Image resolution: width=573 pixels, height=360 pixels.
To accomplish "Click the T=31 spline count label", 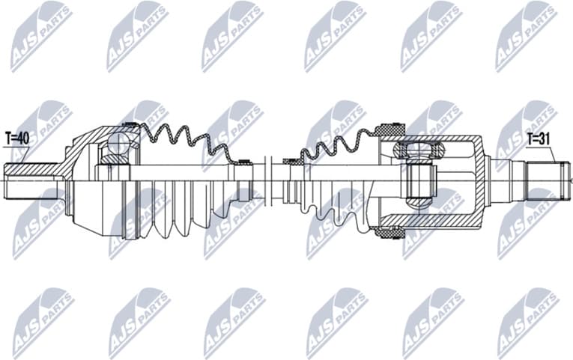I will point(539,138).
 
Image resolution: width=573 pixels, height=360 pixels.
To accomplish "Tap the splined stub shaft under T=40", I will point(30,180).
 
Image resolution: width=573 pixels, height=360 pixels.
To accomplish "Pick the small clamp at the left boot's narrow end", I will point(241,162).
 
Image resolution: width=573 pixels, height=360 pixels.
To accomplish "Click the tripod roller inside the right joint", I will point(420,180).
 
